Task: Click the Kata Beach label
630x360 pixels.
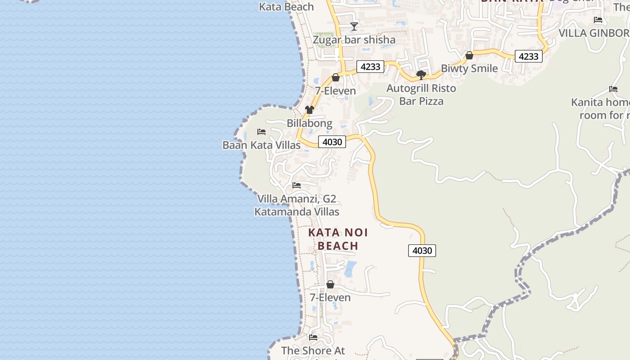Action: pos(287,7)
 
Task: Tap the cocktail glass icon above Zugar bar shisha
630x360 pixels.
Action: pos(354,27)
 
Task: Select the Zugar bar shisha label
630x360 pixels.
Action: pos(354,40)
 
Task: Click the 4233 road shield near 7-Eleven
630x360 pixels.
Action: pos(371,67)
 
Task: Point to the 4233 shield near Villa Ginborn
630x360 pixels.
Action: pos(528,56)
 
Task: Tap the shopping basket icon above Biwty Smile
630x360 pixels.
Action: pos(469,55)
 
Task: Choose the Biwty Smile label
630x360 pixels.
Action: pos(469,68)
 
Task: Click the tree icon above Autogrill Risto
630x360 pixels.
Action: pos(421,75)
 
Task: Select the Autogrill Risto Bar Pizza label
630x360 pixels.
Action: pos(421,94)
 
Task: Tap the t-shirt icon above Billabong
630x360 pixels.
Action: pos(310,110)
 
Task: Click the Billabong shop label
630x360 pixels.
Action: pos(310,123)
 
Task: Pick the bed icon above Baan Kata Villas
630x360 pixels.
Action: pos(261,132)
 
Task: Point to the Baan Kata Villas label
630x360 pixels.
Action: pos(261,145)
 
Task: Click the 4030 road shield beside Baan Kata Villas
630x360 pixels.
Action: pos(333,142)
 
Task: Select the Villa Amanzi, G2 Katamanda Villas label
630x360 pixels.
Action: pos(297,205)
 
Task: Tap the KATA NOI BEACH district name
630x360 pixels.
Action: pos(338,239)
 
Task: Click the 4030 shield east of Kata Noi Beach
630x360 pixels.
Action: pos(422,251)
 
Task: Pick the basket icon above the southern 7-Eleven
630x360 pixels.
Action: pos(330,284)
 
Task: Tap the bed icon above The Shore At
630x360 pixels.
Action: pos(313,337)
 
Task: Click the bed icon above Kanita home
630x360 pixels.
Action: pos(613,89)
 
